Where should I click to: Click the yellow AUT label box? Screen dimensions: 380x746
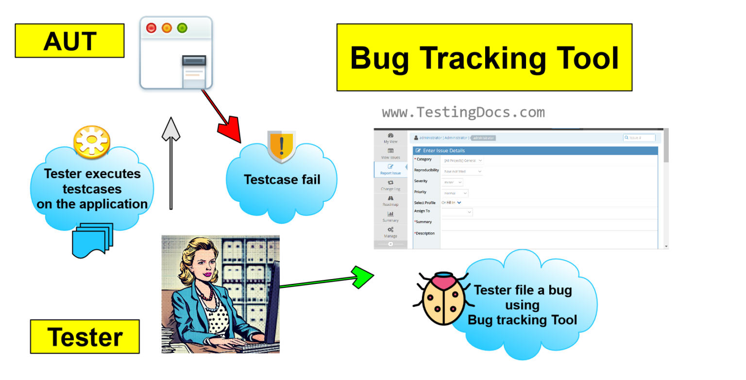tap(69, 41)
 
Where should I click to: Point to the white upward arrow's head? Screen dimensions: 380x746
tap(171, 129)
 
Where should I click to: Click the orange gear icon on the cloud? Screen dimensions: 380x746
tap(92, 142)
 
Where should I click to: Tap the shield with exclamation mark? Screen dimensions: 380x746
tap(281, 146)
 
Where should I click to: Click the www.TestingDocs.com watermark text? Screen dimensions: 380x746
tap(463, 113)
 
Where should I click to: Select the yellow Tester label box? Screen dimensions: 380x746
tap(85, 336)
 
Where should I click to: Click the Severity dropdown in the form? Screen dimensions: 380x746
tap(453, 182)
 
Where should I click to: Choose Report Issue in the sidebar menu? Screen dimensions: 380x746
tap(390, 169)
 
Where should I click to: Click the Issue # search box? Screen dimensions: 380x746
tap(639, 138)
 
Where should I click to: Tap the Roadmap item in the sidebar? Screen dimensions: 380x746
tap(390, 201)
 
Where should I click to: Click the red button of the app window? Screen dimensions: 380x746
tap(151, 28)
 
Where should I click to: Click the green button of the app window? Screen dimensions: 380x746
tap(182, 28)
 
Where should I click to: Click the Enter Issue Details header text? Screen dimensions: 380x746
tap(444, 150)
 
